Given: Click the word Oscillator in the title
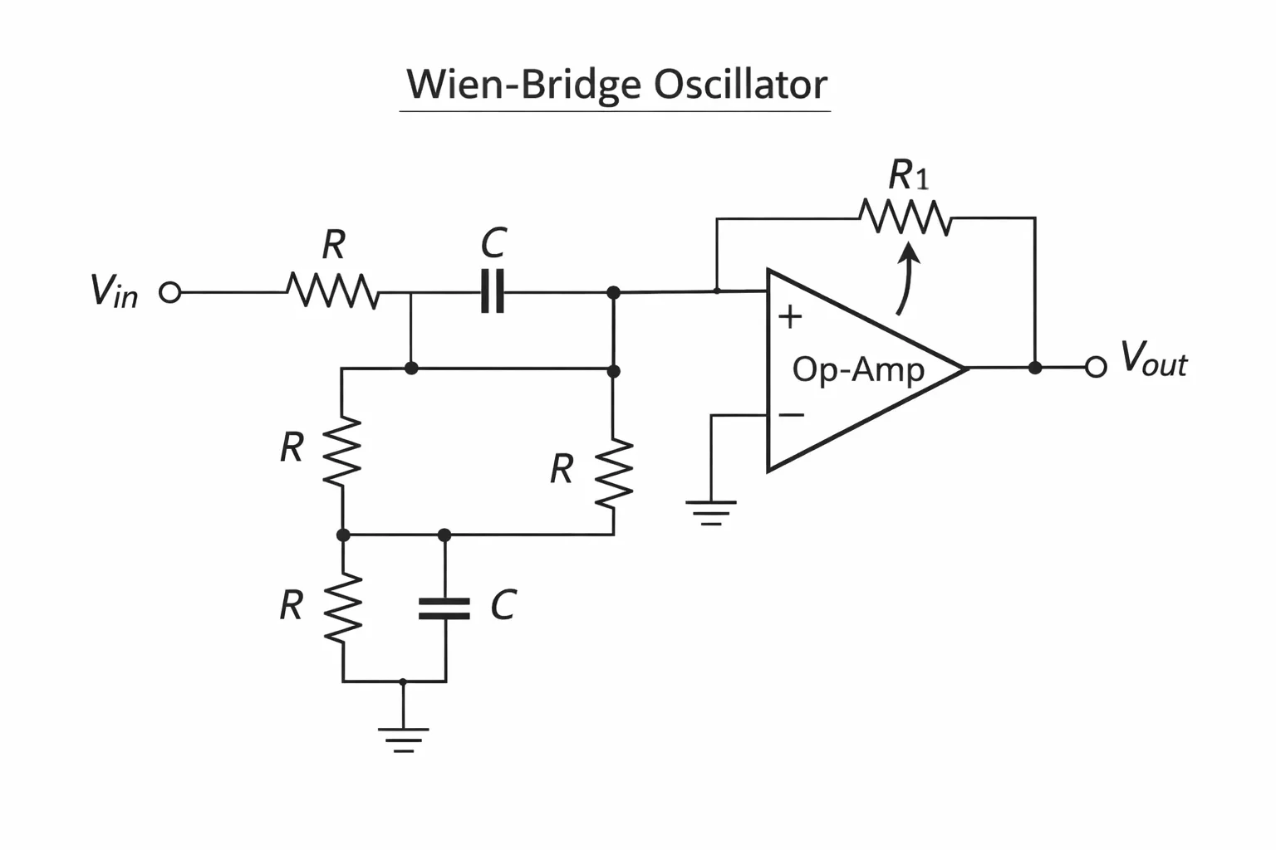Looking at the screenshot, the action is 740,85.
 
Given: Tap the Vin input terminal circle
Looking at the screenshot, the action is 169,293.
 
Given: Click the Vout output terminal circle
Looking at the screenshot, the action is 1096,367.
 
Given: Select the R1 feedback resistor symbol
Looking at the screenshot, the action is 905,217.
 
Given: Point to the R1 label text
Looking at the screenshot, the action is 909,175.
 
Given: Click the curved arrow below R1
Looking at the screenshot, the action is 905,278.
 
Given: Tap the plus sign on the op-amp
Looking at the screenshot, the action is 790,316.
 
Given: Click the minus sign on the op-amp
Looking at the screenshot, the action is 791,414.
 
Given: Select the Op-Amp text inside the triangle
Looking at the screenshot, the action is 858,370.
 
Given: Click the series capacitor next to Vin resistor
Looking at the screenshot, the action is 492,291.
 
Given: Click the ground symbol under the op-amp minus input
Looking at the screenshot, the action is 711,513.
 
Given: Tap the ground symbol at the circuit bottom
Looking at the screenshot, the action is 403,740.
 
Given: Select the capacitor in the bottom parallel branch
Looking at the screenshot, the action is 444,608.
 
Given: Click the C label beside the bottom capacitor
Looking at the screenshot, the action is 503,604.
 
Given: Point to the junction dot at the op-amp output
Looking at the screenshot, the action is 1035,368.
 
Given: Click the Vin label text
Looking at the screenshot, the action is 114,291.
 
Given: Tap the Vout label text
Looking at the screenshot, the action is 1154,359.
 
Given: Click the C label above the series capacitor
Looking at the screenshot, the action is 493,243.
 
